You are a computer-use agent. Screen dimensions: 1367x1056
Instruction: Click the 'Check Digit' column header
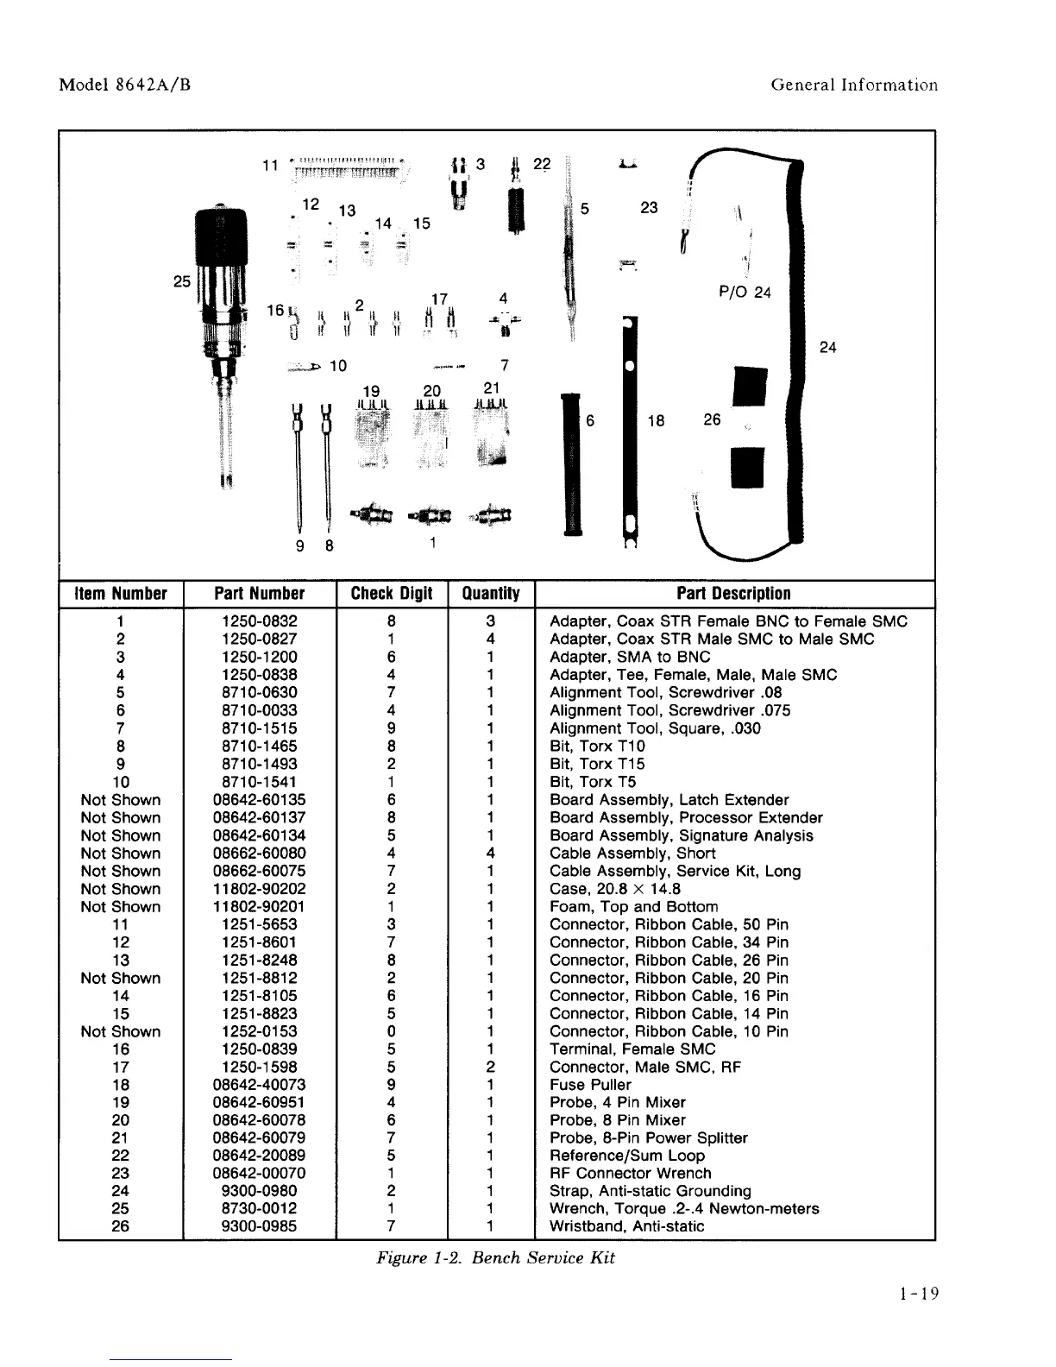392,594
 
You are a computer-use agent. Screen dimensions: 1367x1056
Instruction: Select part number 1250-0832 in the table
259,621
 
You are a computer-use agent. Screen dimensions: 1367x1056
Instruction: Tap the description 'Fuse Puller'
590,1085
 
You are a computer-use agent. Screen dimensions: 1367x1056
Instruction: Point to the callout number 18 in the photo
657,420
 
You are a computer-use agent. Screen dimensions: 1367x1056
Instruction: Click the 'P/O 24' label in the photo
745,292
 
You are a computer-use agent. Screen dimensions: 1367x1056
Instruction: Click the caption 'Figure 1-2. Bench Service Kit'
496,1257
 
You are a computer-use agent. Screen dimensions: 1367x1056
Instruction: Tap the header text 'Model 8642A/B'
124,85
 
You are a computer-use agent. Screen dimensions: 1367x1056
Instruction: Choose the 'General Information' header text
854,85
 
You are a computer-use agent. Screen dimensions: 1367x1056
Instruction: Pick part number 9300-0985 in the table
259,1226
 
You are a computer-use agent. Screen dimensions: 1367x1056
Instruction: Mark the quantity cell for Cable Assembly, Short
490,854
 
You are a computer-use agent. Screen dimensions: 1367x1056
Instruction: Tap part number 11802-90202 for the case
259,889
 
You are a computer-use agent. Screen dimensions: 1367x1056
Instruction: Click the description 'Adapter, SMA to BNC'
630,657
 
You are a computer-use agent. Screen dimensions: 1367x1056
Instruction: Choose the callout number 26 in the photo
712,419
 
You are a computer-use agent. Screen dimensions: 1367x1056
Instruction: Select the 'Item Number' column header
121,594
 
